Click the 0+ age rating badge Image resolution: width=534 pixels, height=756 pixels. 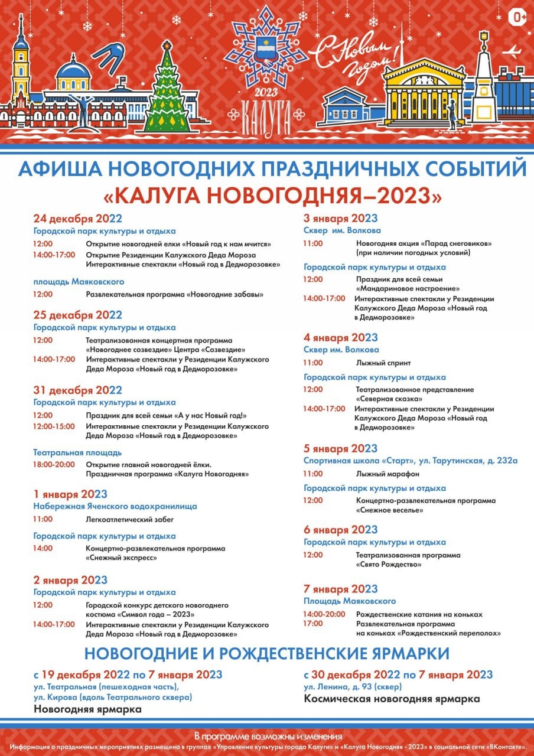(517, 18)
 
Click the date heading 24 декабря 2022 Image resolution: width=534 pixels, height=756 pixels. (77, 218)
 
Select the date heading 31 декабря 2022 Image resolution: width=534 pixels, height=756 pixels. (77, 390)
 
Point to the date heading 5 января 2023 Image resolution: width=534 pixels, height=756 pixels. (340, 448)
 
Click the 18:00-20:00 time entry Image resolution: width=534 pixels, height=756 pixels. (54, 464)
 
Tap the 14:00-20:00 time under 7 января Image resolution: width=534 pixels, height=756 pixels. (324, 614)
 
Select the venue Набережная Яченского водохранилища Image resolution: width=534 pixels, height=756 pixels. (115, 506)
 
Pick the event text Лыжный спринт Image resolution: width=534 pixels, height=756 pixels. (383, 363)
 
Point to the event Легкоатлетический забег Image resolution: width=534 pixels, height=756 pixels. (130, 520)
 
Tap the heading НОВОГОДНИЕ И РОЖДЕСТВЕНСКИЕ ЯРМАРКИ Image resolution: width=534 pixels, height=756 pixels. (266, 653)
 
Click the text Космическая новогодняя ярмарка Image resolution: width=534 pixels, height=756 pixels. (392, 699)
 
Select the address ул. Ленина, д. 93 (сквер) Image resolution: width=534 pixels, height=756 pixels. (353, 687)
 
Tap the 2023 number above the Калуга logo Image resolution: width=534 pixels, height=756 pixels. (266, 93)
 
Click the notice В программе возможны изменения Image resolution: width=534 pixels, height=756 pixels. (268, 736)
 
